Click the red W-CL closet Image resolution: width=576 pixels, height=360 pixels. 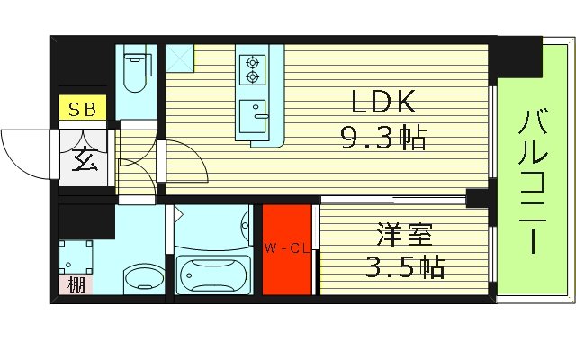coord(286,249)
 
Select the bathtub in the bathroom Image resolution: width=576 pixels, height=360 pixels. coord(213,272)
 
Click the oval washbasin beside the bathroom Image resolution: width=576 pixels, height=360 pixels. coord(139,276)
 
